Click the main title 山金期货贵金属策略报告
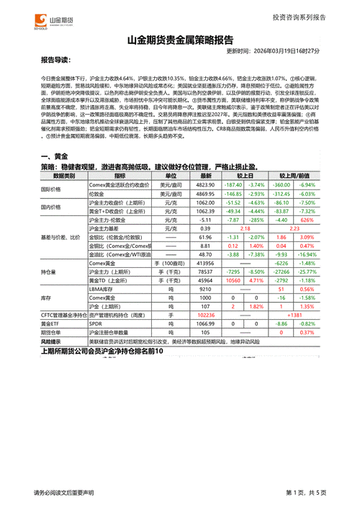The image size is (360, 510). (x=179, y=40)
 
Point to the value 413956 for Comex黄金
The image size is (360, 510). (x=205, y=264)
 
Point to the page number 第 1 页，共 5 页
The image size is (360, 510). (x=306, y=492)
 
